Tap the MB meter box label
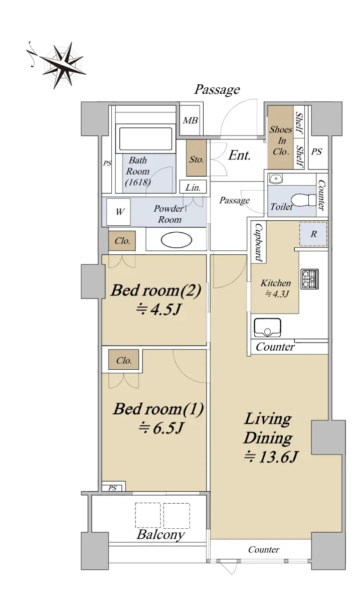point(190,120)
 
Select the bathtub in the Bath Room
point(145,138)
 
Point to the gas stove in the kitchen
point(309,279)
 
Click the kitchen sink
point(267,328)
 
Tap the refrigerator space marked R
point(313,234)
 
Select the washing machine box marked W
point(118,212)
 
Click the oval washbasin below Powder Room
point(176,239)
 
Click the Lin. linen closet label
point(193,187)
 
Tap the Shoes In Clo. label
point(281,140)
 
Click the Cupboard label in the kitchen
point(258,243)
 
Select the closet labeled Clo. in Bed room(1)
point(124,360)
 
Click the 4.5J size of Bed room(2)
point(158,310)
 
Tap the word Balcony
point(160,540)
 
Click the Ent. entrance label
point(239,156)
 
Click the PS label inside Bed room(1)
point(113,488)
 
